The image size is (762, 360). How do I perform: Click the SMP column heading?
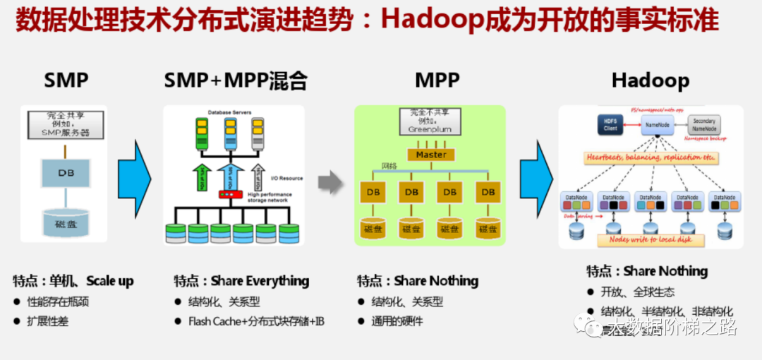[66, 80]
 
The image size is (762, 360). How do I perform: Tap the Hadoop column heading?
[650, 80]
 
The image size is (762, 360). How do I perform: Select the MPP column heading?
[437, 80]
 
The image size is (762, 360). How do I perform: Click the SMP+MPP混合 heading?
[236, 80]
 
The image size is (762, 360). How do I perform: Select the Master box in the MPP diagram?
[430, 155]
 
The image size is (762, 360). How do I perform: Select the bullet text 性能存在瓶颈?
[58, 302]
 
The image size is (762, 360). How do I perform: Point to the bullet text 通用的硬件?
[398, 321]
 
